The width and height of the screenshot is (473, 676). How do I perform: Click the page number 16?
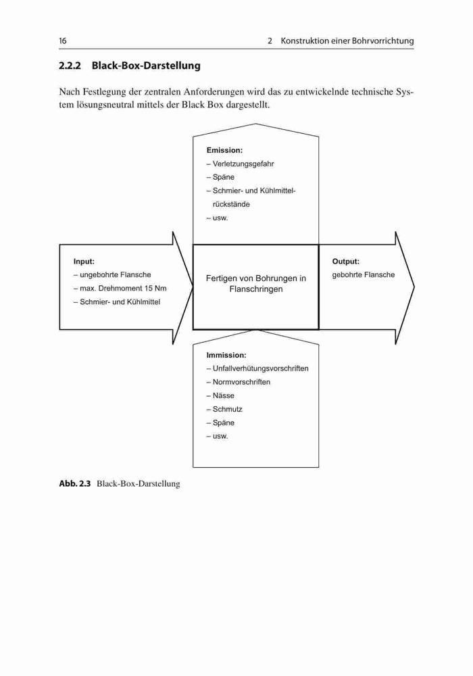[x=63, y=41]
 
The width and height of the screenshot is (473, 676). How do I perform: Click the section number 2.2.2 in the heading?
[x=70, y=66]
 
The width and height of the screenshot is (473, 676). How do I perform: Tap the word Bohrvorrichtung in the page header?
[x=383, y=41]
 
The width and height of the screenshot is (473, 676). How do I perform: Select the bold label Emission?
[x=224, y=150]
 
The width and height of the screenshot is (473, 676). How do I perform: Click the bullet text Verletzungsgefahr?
[x=243, y=164]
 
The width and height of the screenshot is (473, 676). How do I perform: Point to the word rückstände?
[x=231, y=204]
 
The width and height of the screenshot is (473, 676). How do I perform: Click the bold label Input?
[x=84, y=261]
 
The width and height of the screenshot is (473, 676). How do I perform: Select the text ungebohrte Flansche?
[x=116, y=274]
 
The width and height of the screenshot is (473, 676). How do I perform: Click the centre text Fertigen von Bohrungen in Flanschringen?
[x=256, y=284]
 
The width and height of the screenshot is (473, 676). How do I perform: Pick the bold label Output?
[x=345, y=261]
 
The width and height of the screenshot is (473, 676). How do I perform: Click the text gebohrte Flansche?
[x=363, y=274]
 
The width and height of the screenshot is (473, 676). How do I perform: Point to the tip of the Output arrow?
[x=414, y=287]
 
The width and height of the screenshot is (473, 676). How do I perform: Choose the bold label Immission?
[x=226, y=356]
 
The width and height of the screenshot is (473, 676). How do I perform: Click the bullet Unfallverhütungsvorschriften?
[x=260, y=368]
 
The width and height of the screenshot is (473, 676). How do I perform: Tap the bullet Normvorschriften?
[x=241, y=382]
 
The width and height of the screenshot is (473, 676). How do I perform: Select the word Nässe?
[x=223, y=395]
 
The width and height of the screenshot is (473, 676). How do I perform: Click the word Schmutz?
[x=227, y=409]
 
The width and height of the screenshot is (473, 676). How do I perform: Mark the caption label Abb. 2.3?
[x=74, y=484]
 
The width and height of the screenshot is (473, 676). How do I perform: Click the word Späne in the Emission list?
[x=223, y=177]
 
